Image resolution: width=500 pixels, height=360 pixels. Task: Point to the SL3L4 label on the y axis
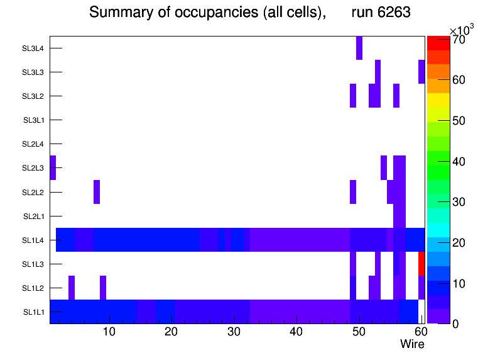point(33,48)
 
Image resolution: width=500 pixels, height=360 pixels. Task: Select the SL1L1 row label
point(33,312)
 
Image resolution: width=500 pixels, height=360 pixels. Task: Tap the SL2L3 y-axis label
point(33,168)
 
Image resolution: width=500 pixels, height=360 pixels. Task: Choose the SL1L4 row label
point(33,240)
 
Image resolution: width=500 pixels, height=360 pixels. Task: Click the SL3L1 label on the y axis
point(33,120)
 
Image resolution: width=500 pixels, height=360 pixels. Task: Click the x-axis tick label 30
point(234,332)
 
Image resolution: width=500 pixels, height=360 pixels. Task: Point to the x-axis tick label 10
point(109,332)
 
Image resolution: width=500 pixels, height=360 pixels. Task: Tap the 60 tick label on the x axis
point(420,332)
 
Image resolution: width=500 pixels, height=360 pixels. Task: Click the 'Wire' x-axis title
point(412,344)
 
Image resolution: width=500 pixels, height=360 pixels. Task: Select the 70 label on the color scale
point(464,40)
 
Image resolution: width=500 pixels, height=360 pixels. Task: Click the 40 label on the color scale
point(464,161)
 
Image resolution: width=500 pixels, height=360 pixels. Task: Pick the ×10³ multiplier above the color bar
point(462,30)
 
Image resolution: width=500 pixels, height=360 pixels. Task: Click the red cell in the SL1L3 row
point(421,264)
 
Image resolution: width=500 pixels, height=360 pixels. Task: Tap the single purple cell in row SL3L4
point(359,48)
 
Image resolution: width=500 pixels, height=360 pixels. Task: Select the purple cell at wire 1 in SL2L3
point(53,168)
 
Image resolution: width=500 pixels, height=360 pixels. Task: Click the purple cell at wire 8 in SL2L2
point(97,192)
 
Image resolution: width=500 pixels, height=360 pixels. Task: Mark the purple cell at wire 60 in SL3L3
point(421,72)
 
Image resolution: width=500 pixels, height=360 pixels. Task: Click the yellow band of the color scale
point(438,100)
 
